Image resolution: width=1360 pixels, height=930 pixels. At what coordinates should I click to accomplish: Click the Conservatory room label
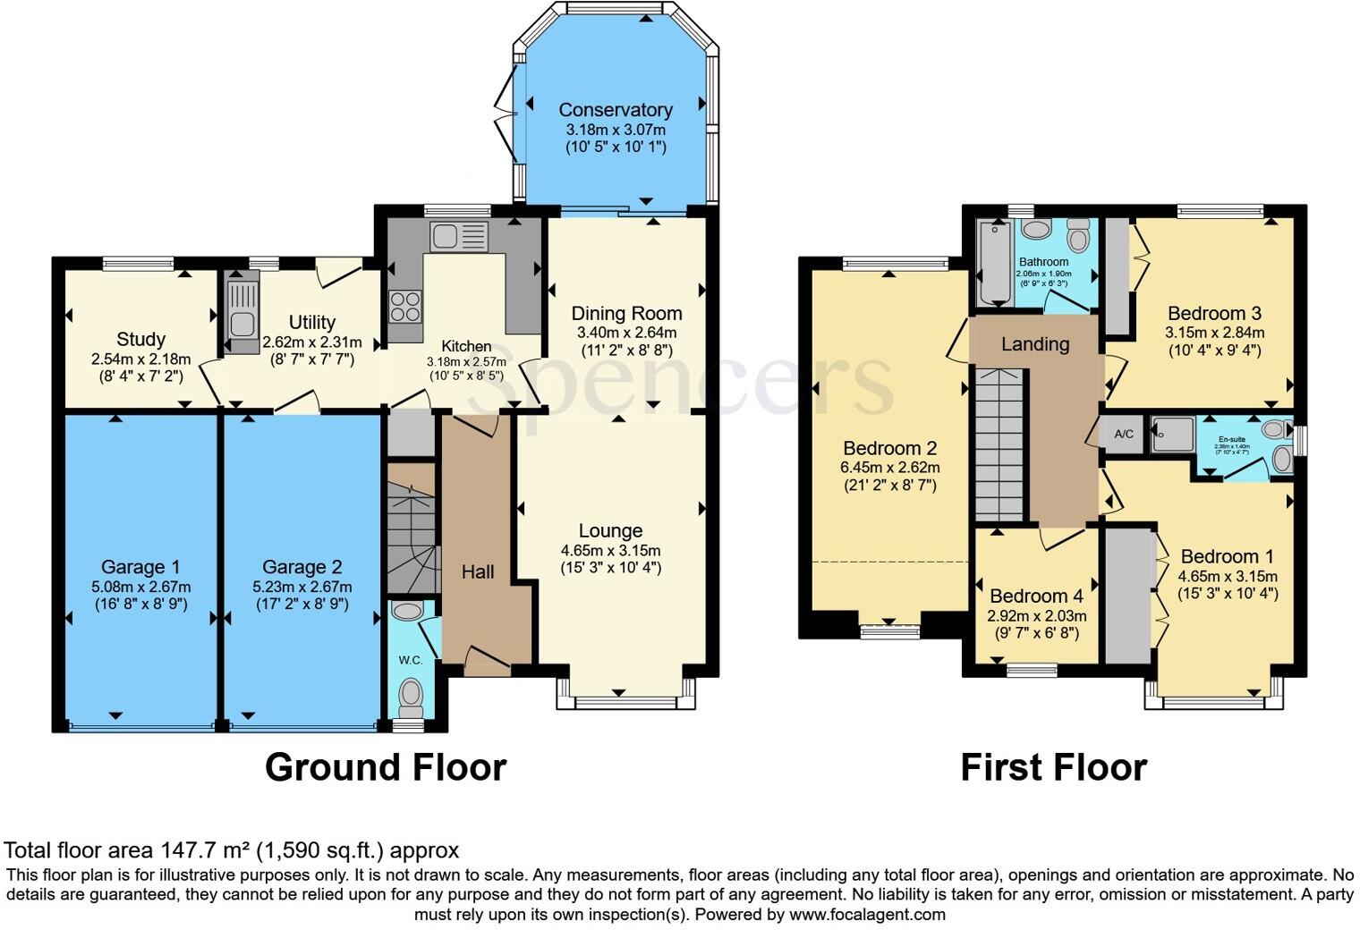(x=616, y=110)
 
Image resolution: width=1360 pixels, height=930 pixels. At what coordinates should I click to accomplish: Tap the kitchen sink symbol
(x=459, y=236)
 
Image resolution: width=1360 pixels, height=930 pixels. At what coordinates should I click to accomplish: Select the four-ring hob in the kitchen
(x=405, y=307)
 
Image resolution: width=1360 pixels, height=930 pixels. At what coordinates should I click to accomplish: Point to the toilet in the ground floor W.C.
(x=411, y=693)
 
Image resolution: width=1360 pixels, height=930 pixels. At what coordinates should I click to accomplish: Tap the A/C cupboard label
(x=1124, y=435)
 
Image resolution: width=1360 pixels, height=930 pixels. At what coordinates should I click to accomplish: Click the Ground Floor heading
(x=386, y=768)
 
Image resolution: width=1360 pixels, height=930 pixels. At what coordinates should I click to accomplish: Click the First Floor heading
(x=1053, y=768)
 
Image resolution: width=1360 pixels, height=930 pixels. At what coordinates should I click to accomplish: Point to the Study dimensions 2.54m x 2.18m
(x=140, y=359)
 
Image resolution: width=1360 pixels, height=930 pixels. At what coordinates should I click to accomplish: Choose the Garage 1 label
(x=140, y=567)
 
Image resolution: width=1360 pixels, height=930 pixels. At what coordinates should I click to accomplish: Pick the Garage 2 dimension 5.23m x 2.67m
(x=302, y=587)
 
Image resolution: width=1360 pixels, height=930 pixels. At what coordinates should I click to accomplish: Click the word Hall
(x=478, y=572)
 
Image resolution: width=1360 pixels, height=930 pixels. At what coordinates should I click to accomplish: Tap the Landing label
(x=1035, y=344)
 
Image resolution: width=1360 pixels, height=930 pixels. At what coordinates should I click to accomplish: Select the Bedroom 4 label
(x=1036, y=596)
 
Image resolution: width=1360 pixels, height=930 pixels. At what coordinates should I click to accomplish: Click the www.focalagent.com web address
(x=867, y=915)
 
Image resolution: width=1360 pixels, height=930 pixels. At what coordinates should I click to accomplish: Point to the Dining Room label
(x=626, y=314)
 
